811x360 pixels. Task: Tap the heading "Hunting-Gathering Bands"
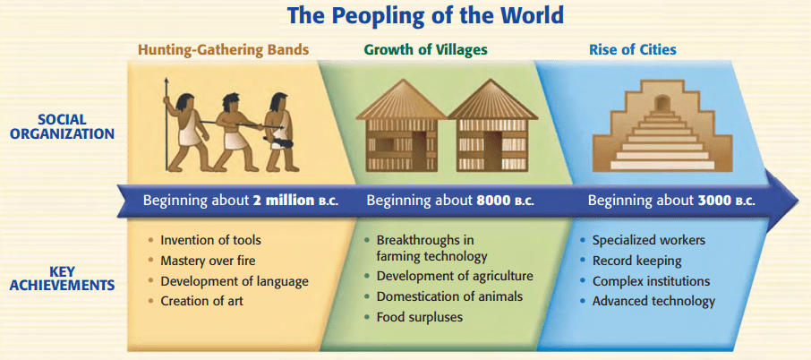click(x=223, y=50)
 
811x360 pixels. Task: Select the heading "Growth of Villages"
click(x=426, y=49)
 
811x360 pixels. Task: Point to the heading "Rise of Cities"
click(x=633, y=49)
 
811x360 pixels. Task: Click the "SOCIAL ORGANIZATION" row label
click(x=63, y=127)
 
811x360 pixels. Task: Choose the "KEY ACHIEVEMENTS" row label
click(x=63, y=279)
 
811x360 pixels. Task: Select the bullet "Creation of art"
click(x=201, y=301)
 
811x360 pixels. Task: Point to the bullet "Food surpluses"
click(x=420, y=316)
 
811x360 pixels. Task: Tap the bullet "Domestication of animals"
click(x=449, y=296)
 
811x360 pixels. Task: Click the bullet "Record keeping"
click(x=636, y=261)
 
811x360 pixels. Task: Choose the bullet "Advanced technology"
click(x=653, y=301)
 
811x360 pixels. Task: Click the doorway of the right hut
click(x=491, y=150)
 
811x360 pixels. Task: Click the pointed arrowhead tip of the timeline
click(x=798, y=201)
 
